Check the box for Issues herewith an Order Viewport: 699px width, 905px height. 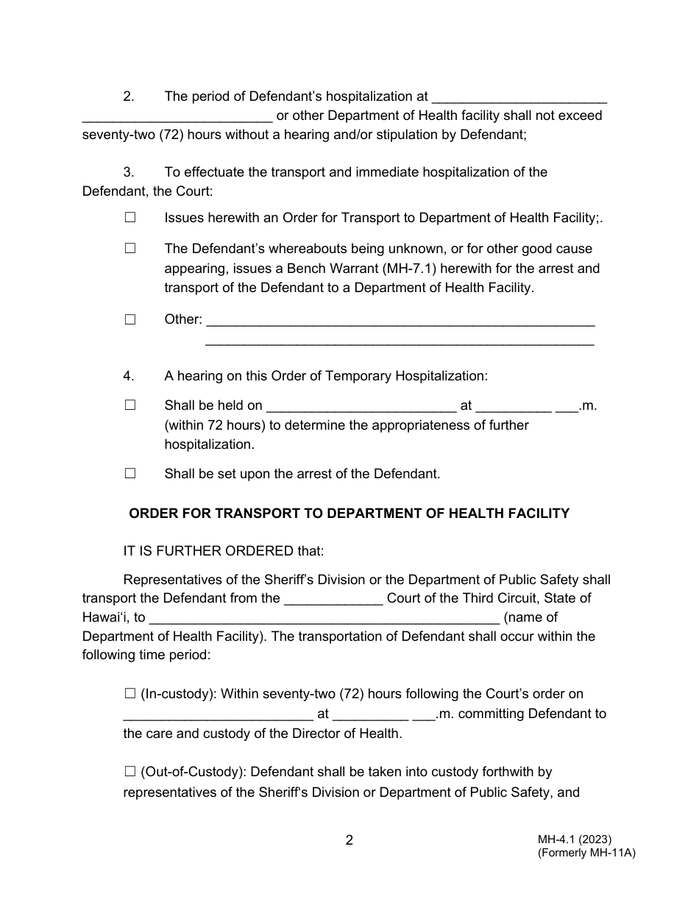click(x=130, y=218)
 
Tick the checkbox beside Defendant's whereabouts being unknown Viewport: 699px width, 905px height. click(x=130, y=249)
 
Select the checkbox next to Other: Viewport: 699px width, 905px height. click(x=130, y=319)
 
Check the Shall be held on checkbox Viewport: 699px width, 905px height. click(x=130, y=405)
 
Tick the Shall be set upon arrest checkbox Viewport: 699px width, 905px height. click(x=130, y=474)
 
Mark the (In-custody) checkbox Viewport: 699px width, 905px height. click(x=130, y=693)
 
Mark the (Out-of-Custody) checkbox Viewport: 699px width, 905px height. click(x=130, y=772)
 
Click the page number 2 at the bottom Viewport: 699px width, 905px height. click(x=349, y=840)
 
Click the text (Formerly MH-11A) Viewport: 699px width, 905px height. click(x=586, y=853)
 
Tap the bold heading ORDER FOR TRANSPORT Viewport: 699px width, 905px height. click(x=349, y=514)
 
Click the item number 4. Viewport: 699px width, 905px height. click(x=129, y=376)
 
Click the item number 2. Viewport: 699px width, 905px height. click(x=129, y=96)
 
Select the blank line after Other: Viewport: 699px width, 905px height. click(x=401, y=322)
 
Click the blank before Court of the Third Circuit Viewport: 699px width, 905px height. click(x=333, y=600)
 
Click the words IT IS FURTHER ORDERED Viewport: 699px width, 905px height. click(x=209, y=550)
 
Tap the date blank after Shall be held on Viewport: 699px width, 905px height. click(x=361, y=407)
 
